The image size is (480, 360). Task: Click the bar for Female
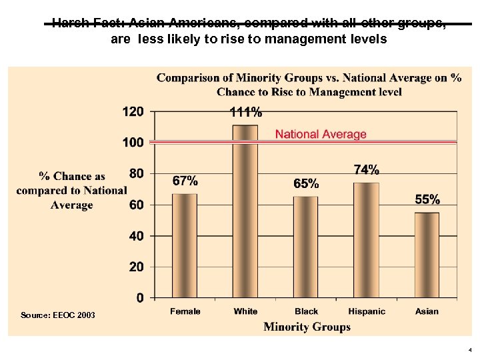[x=185, y=245]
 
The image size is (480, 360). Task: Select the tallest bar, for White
[x=245, y=211]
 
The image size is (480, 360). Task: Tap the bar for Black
[x=306, y=247]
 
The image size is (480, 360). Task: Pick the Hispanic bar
[x=366, y=240]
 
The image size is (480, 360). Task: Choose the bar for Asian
[x=427, y=255]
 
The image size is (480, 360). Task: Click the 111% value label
[x=245, y=113]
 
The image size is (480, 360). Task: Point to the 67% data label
[x=185, y=181]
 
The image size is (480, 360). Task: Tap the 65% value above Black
[x=306, y=183]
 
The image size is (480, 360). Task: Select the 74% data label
[x=366, y=169]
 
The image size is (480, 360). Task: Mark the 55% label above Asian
[x=427, y=199]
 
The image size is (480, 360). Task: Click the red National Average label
[x=321, y=135]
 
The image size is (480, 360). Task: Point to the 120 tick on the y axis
[x=133, y=112]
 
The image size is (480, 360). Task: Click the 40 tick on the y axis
[x=136, y=236]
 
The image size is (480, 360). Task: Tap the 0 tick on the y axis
[x=139, y=298]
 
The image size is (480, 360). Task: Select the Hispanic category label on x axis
[x=367, y=311]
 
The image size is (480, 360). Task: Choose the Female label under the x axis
[x=185, y=311]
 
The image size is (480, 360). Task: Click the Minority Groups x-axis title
[x=307, y=327]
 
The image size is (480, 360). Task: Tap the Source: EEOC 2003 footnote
[x=58, y=315]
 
